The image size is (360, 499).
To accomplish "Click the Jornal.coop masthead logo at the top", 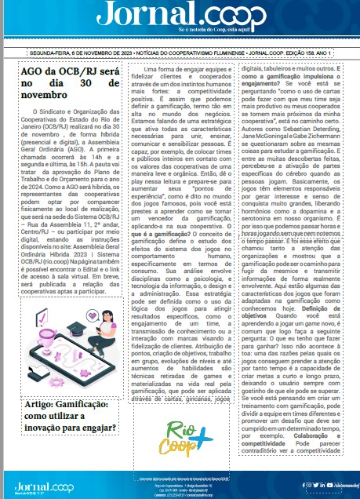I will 180,16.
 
